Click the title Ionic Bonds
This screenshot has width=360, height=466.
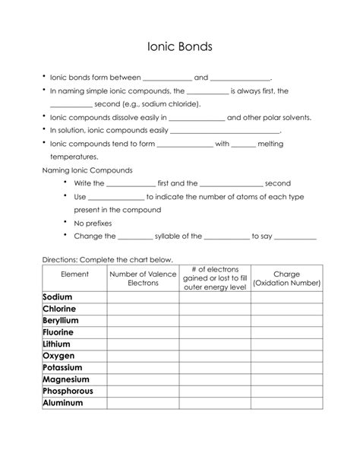(x=179, y=46)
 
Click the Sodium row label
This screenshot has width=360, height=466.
(x=58, y=297)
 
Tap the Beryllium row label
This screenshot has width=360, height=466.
(x=61, y=321)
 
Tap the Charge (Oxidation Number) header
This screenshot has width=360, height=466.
(x=286, y=278)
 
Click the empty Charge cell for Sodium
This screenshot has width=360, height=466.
(x=286, y=297)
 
